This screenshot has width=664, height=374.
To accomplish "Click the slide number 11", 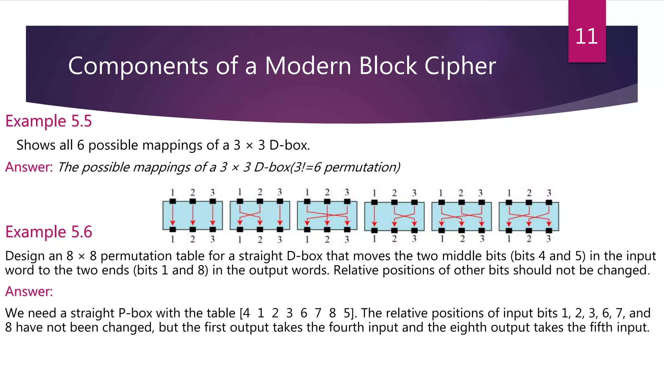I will [587, 36].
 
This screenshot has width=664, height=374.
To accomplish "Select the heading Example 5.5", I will [49, 121].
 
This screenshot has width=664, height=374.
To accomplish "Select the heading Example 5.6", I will [49, 232].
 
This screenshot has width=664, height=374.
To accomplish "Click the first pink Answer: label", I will [29, 167].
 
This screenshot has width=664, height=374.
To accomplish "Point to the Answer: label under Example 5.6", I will [29, 292].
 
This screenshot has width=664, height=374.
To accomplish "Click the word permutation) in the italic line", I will [362, 168].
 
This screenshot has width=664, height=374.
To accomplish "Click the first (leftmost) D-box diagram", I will [193, 215].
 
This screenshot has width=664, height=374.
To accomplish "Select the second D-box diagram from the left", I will [260, 215].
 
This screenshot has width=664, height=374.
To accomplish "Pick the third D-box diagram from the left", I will [327, 215].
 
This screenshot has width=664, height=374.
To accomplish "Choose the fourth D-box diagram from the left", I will [394, 216].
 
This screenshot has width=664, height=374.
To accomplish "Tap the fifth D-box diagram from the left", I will [461, 216].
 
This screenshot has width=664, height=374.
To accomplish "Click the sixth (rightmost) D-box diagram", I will [529, 216].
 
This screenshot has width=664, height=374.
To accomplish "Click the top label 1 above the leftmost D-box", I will [172, 193].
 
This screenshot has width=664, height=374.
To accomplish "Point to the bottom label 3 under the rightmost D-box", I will [549, 239].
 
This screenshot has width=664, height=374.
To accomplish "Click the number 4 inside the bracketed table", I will [246, 313].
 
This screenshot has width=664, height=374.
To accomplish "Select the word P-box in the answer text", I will [135, 313].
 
